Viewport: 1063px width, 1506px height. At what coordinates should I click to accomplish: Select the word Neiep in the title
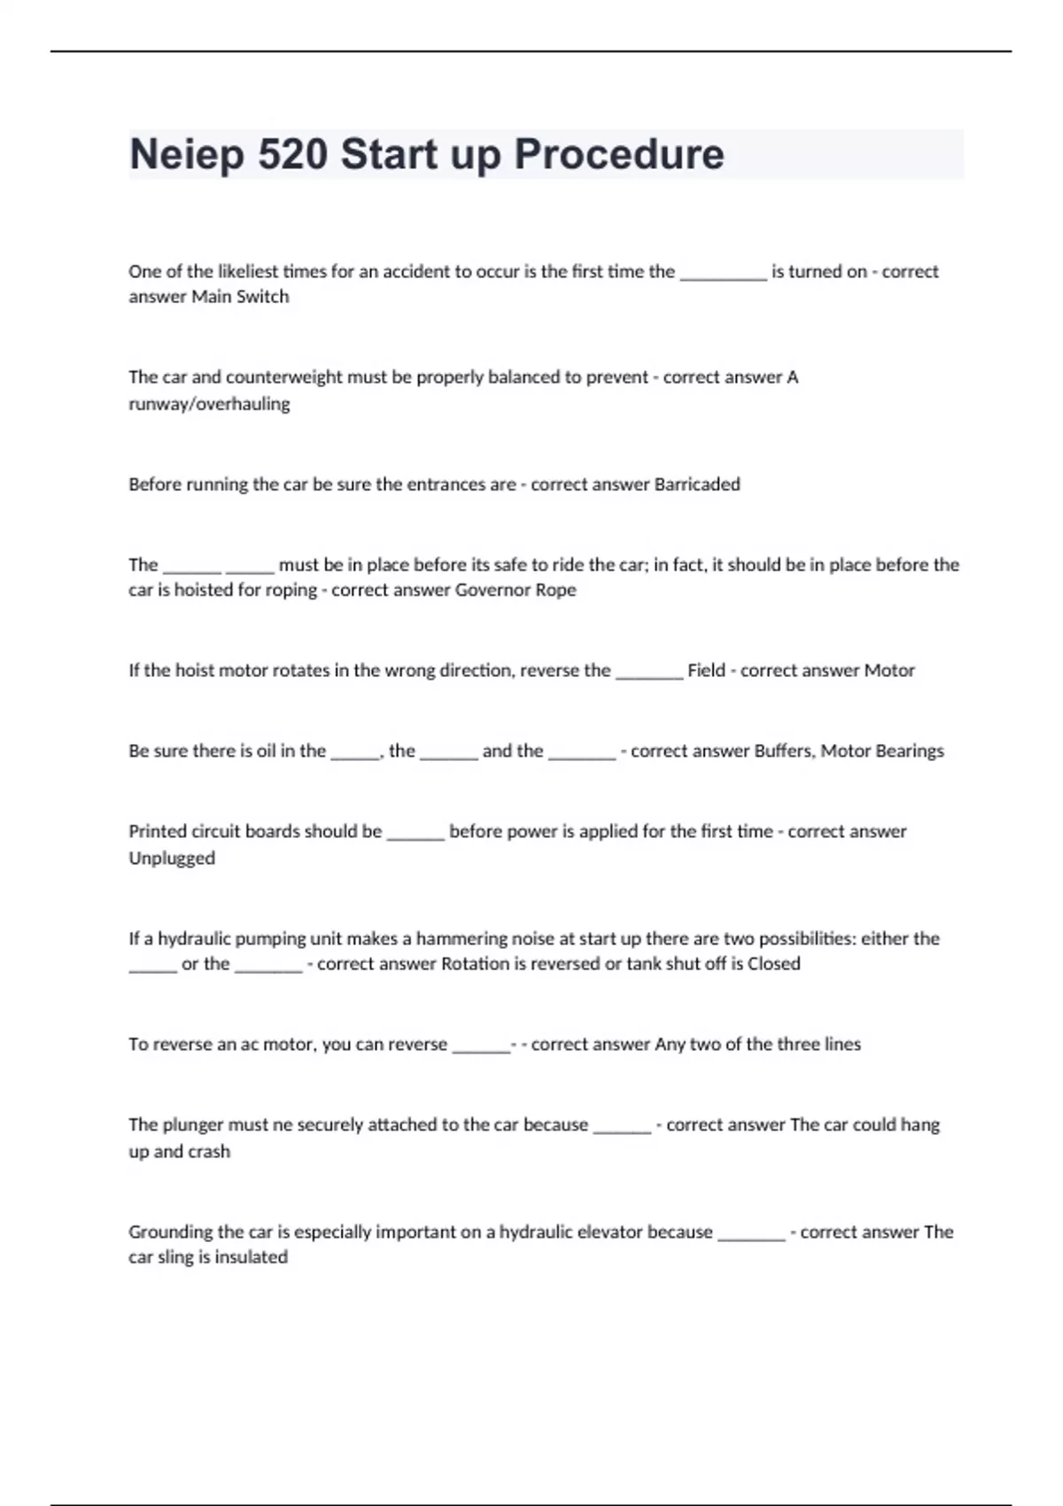pos(187,154)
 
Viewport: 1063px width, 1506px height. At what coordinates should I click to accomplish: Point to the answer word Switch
pos(262,297)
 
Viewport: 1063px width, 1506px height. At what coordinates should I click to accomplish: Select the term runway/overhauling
pos(209,404)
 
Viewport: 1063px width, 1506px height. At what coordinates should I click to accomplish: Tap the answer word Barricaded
pos(696,485)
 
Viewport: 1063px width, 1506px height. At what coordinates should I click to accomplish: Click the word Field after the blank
pos(706,671)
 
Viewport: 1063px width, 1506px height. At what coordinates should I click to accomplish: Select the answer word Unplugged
pos(172,858)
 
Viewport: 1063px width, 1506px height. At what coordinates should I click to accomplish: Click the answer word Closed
pos(773,964)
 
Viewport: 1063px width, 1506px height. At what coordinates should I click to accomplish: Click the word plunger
pos(193,1125)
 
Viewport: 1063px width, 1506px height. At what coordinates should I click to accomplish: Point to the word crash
pos(209,1152)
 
